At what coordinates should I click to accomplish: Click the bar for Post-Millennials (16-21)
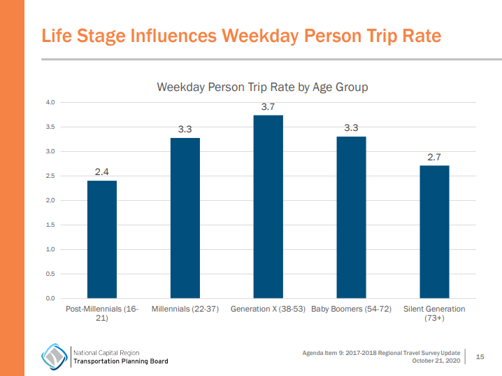click(x=101, y=239)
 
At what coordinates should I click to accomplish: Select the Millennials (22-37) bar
click(x=185, y=218)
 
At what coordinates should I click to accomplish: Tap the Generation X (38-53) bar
click(x=268, y=207)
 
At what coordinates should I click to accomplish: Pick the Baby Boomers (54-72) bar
click(x=351, y=217)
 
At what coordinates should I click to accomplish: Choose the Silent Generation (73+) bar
click(x=434, y=232)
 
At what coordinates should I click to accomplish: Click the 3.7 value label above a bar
click(x=268, y=106)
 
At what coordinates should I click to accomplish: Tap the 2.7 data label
click(x=434, y=157)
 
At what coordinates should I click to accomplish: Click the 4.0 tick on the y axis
click(x=50, y=103)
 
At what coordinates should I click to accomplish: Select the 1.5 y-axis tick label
click(x=50, y=225)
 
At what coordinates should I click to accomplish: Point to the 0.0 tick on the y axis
click(x=50, y=298)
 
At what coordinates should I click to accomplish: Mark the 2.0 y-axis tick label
click(x=50, y=201)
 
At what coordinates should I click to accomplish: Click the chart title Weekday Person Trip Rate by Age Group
click(x=262, y=87)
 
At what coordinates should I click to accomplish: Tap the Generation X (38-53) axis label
click(x=268, y=309)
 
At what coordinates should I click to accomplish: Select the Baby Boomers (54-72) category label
click(x=351, y=309)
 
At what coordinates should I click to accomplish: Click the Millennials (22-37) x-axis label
click(x=185, y=309)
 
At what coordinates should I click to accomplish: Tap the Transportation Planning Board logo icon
click(x=54, y=356)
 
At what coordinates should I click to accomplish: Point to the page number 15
click(x=480, y=357)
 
